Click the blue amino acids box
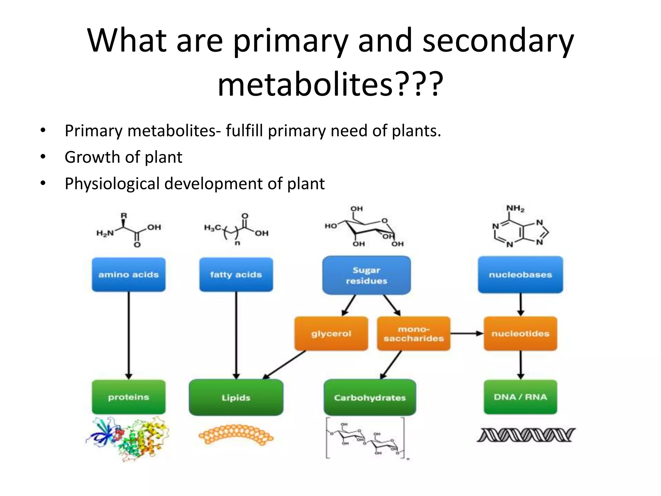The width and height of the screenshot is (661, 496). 128,274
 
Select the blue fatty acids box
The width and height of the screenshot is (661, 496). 236,274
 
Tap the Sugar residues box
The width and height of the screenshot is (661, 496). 366,275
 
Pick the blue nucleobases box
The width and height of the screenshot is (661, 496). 520,274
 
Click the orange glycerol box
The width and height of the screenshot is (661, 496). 331,334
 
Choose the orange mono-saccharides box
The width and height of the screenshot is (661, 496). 413,334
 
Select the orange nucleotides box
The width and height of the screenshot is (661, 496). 520,334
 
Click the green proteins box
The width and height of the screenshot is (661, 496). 128,397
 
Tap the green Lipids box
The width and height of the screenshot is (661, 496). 236,398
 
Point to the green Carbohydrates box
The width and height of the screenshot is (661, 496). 370,398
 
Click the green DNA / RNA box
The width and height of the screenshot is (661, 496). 520,397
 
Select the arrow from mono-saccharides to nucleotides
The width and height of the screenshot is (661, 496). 467,334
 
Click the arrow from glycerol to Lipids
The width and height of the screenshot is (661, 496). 284,365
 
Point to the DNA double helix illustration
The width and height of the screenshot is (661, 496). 526,435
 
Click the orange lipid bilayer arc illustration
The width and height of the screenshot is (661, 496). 236,434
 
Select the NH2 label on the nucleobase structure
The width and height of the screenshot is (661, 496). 515,209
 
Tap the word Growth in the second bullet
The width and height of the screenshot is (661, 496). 92,157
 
